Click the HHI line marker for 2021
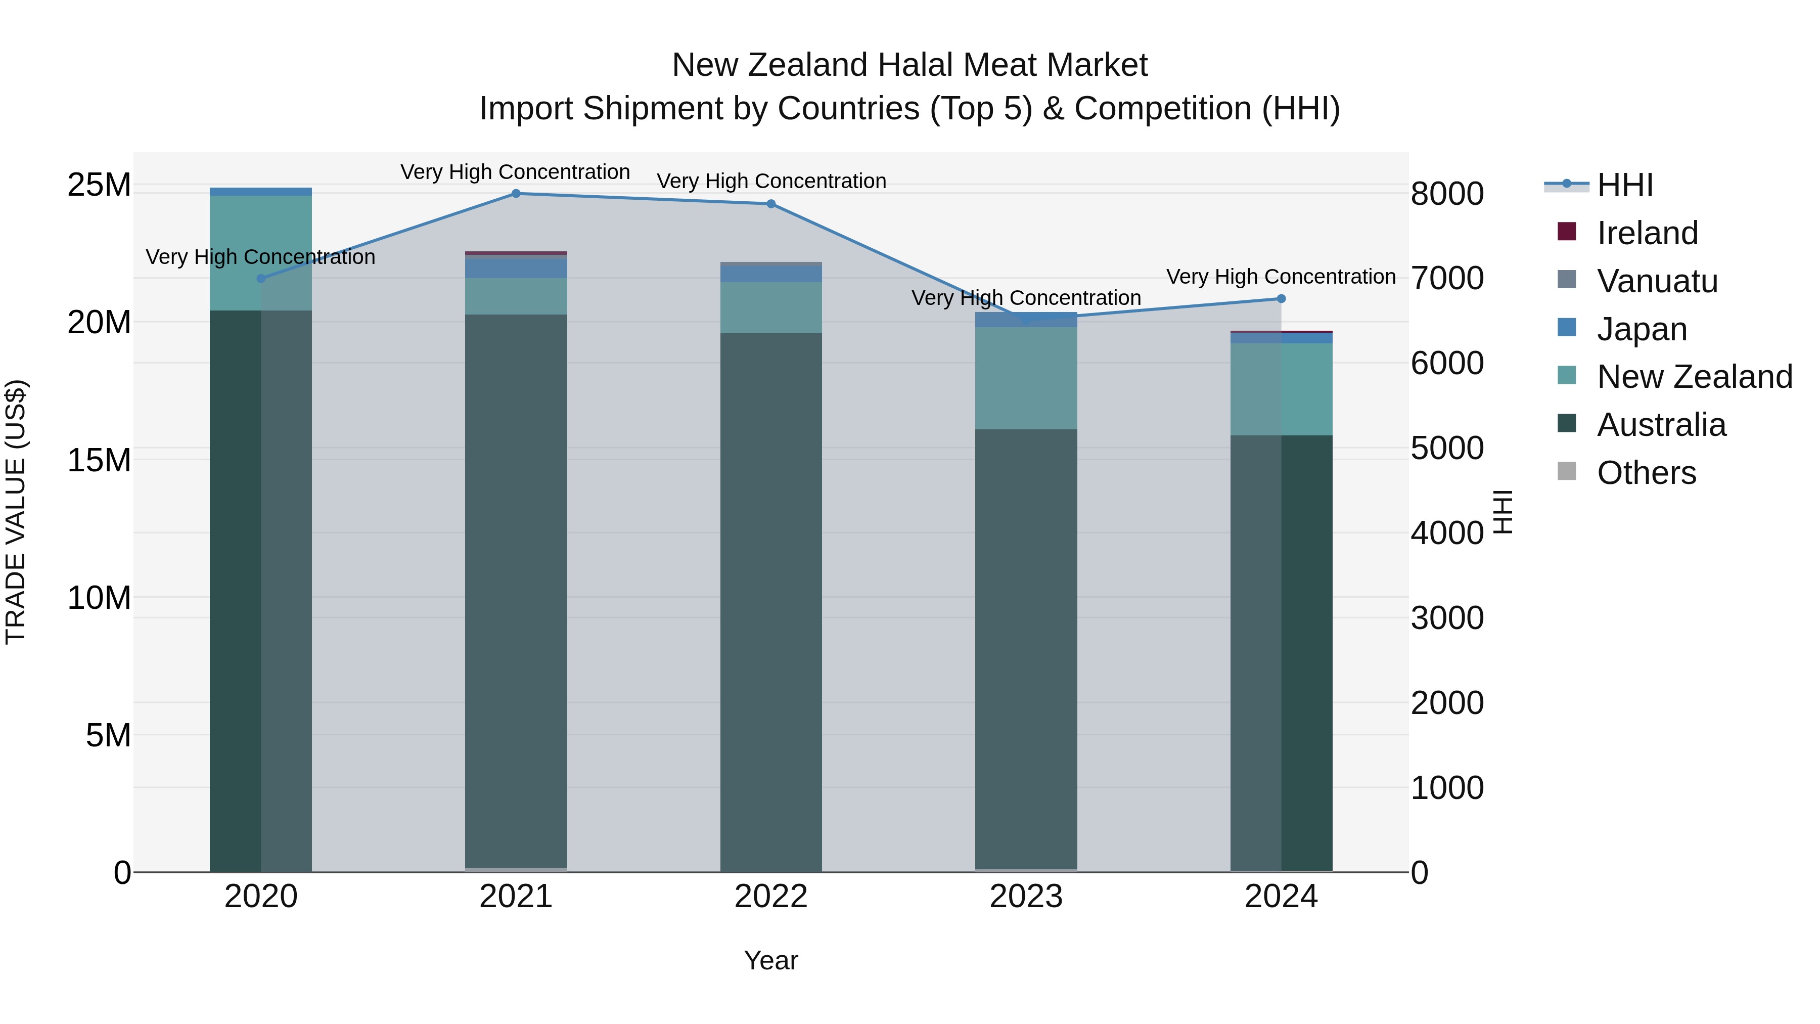pos(516,193)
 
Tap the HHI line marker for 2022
pos(771,203)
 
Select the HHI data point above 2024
pos(1281,298)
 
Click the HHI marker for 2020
pos(261,279)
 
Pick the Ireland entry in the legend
pos(1647,233)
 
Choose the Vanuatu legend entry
pos(1657,281)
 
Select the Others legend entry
pos(1646,472)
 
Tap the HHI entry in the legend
pos(1624,185)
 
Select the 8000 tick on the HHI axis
pos(1447,194)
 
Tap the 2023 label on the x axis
pos(1026,896)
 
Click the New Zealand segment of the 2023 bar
pos(1026,378)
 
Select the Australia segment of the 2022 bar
pos(771,601)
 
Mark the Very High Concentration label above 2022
pos(771,181)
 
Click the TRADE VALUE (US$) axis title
pos(16,512)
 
